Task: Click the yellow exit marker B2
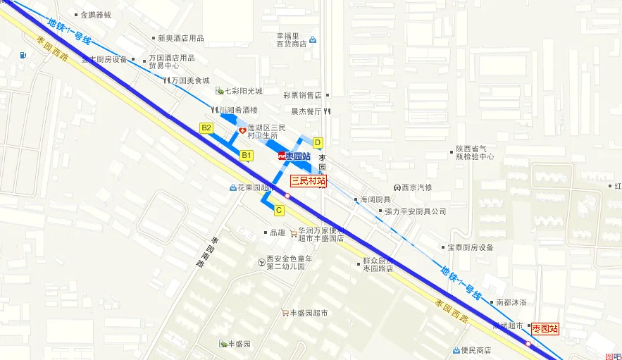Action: click(x=206, y=128)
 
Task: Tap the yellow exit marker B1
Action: click(x=247, y=154)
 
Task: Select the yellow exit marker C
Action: click(x=279, y=210)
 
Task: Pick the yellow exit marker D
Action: click(x=318, y=142)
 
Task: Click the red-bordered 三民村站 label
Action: click(x=309, y=181)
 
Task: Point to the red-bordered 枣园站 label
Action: click(x=545, y=328)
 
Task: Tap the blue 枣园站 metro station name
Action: click(x=298, y=156)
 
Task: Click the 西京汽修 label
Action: click(x=417, y=187)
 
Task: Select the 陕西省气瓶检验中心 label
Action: click(x=475, y=153)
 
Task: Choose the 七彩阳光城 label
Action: click(x=243, y=91)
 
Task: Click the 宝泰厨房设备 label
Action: click(x=471, y=247)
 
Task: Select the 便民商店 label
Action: click(x=475, y=350)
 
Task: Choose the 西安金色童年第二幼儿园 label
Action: click(x=285, y=262)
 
